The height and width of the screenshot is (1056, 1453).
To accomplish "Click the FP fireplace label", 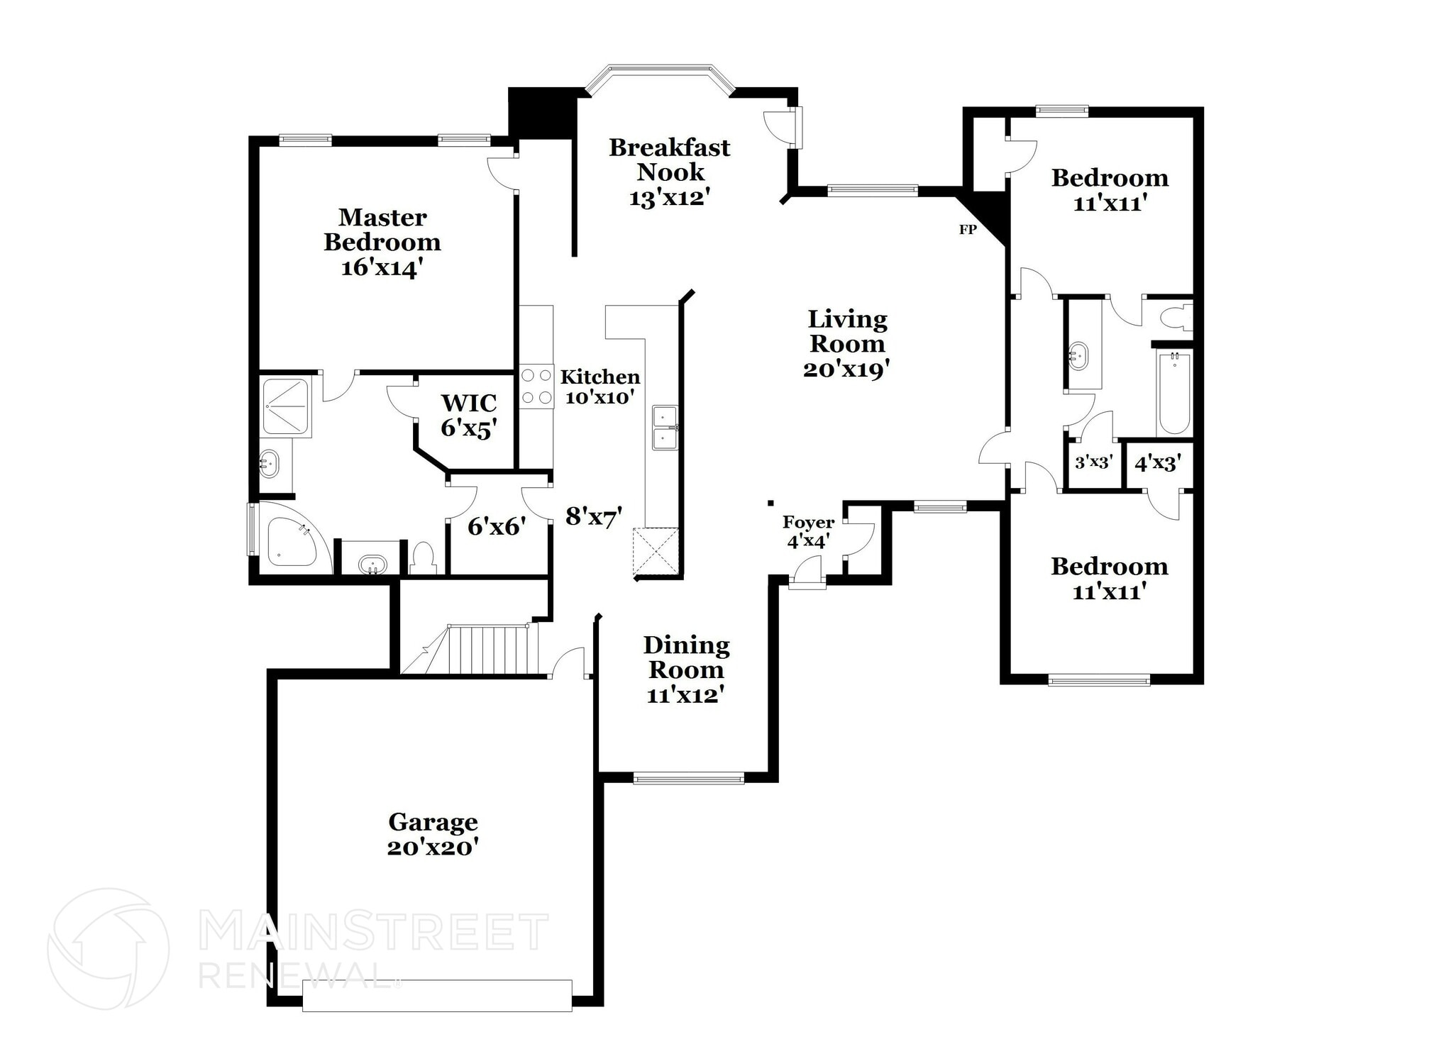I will point(967,230).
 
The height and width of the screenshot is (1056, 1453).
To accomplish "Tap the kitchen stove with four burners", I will point(536,387).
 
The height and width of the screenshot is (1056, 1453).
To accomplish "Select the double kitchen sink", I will point(665,428).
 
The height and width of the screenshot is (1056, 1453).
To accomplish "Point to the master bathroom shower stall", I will point(286,406).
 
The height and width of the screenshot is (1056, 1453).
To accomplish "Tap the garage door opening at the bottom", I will point(437,995).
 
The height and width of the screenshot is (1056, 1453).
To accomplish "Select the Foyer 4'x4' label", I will point(808,532).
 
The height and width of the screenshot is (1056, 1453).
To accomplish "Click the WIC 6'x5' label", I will point(468,415).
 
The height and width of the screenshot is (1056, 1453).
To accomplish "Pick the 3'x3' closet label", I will point(1093,462).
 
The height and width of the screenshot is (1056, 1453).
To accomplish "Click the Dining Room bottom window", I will point(688,779).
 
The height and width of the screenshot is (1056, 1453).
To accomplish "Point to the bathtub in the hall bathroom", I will point(1174,394).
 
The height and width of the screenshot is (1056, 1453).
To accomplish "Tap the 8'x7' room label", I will point(594,516).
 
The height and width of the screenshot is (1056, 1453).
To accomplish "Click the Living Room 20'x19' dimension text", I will point(846,369).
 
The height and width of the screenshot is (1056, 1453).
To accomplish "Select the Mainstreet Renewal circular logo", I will point(108,949).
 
